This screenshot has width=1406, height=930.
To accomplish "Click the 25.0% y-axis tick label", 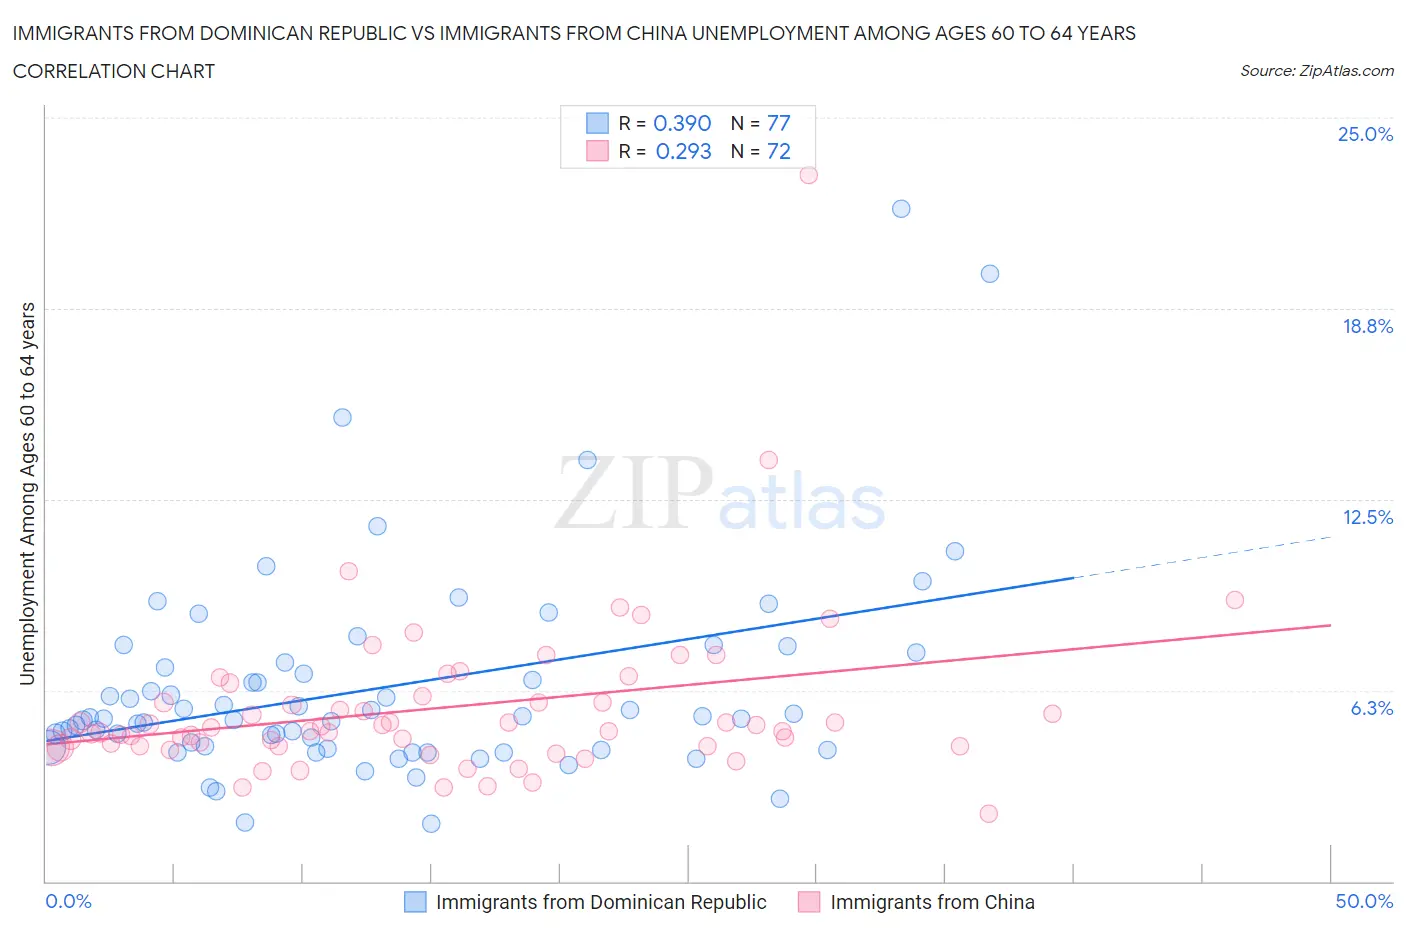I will (1365, 134).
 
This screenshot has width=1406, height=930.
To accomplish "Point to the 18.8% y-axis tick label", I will (1367, 326).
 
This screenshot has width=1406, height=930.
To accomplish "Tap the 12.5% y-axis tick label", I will (1367, 517).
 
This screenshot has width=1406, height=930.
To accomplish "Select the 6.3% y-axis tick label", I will (1371, 708).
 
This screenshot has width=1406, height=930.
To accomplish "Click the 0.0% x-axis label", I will (68, 901).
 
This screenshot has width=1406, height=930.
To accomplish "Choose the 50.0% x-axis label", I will (1364, 901).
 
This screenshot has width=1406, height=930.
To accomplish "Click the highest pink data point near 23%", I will (808, 175).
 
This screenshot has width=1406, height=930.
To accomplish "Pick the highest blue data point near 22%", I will (901, 209).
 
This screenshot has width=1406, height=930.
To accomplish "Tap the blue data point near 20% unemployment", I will (990, 274).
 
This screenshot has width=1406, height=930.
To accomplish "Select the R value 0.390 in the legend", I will (682, 123).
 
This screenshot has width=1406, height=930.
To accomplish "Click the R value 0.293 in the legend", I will (683, 151).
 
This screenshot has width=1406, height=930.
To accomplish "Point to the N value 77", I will (778, 123).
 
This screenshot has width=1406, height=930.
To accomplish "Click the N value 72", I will (778, 151).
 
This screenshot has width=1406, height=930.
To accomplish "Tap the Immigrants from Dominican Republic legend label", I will (601, 902).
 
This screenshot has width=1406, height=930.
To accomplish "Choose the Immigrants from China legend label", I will (932, 902).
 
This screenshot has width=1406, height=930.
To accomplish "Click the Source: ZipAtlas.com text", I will (1316, 70).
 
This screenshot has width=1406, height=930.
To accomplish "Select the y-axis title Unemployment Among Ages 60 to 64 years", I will (27, 493).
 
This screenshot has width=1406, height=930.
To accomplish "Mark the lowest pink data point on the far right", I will (989, 814).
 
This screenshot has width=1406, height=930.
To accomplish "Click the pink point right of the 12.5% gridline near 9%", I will (1235, 600).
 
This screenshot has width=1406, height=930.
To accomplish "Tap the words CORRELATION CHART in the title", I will (114, 71).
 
